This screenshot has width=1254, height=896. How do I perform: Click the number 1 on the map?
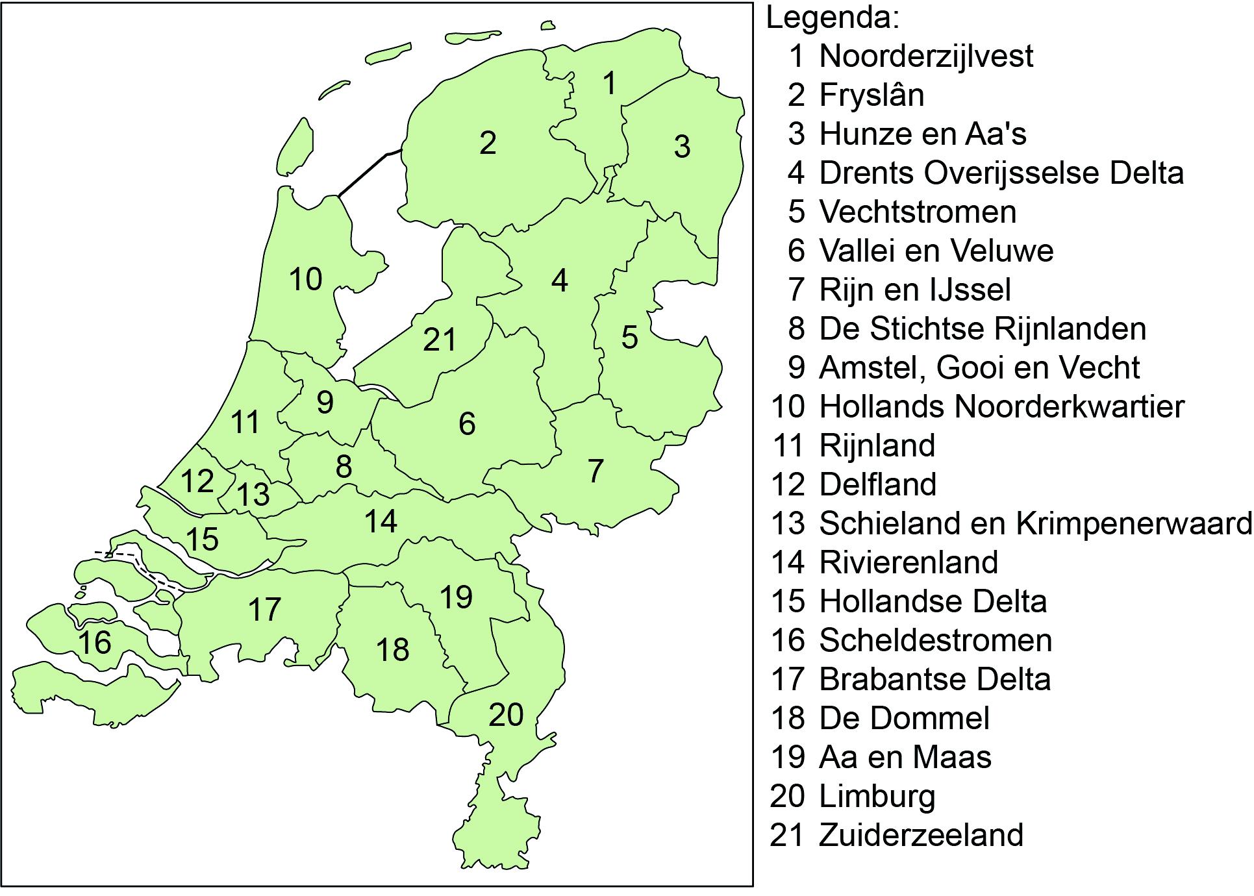coord(609,84)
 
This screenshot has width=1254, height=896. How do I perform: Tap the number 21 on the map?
coord(440,340)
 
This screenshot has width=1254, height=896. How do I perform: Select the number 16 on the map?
coord(95,643)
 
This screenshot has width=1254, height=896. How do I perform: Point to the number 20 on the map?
coord(506,715)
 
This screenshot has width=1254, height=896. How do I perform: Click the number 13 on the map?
coord(253,495)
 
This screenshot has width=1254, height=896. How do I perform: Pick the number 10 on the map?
coord(305,279)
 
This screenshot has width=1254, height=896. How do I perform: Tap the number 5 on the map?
coord(629,338)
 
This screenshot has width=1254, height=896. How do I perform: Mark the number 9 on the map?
coord(325,403)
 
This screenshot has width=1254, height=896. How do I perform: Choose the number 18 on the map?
coord(392,649)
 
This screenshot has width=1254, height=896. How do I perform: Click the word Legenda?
coord(833,18)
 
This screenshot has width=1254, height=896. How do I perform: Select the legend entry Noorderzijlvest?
coord(926,56)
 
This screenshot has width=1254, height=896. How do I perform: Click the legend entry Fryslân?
coord(872,95)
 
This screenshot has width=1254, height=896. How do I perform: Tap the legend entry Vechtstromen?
coord(918,212)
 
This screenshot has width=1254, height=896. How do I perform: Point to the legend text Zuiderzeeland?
coord(921,835)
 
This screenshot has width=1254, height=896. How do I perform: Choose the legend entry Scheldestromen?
coord(935,640)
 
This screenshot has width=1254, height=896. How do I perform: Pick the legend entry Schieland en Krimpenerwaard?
coord(1035,523)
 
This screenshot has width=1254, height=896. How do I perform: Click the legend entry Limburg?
coord(877,796)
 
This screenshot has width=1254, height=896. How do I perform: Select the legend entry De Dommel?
coord(904,718)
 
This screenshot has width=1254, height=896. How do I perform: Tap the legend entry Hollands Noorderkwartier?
coord(1001,406)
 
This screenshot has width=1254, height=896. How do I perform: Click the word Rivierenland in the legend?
coord(909,562)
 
